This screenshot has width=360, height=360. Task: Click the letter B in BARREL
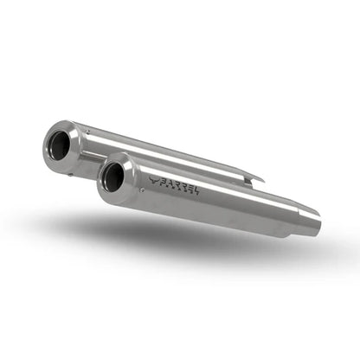coord(164,181)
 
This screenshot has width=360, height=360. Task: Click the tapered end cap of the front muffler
coord(128,177)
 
